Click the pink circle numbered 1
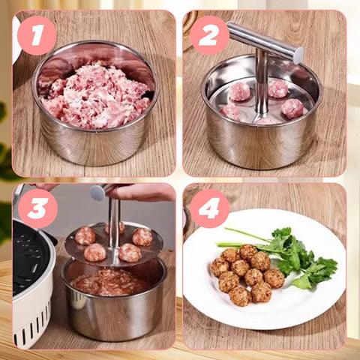[x=37, y=35]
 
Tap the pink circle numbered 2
[x=209, y=35]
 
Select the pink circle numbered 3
[x=38, y=208]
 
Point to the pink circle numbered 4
[x=209, y=208]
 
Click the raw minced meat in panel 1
[x=96, y=96]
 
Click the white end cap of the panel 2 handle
[x=298, y=55]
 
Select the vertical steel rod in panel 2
[x=262, y=84]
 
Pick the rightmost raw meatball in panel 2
[x=292, y=109]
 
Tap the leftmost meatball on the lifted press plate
[x=85, y=235]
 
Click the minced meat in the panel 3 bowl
[x=110, y=283]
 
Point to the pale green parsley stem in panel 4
[x=240, y=241]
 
